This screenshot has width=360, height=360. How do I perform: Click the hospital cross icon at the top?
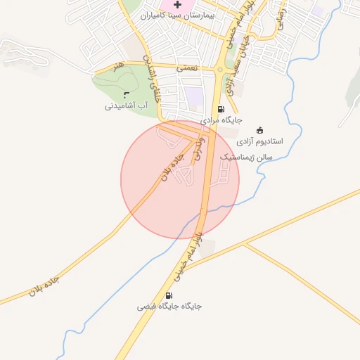(x=177, y=5)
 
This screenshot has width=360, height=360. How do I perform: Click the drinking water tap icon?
(x=126, y=95)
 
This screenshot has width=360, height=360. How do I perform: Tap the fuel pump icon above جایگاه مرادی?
(x=221, y=109)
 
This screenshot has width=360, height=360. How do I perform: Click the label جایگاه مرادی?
(x=221, y=120)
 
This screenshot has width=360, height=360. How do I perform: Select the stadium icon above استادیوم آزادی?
(x=259, y=129)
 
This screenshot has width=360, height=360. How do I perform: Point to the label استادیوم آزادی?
(x=259, y=141)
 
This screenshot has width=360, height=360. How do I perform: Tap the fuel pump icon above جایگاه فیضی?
(x=169, y=296)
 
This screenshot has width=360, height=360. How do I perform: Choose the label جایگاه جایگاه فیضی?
(x=169, y=307)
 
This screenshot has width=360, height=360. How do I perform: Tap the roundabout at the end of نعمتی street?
(x=220, y=69)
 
